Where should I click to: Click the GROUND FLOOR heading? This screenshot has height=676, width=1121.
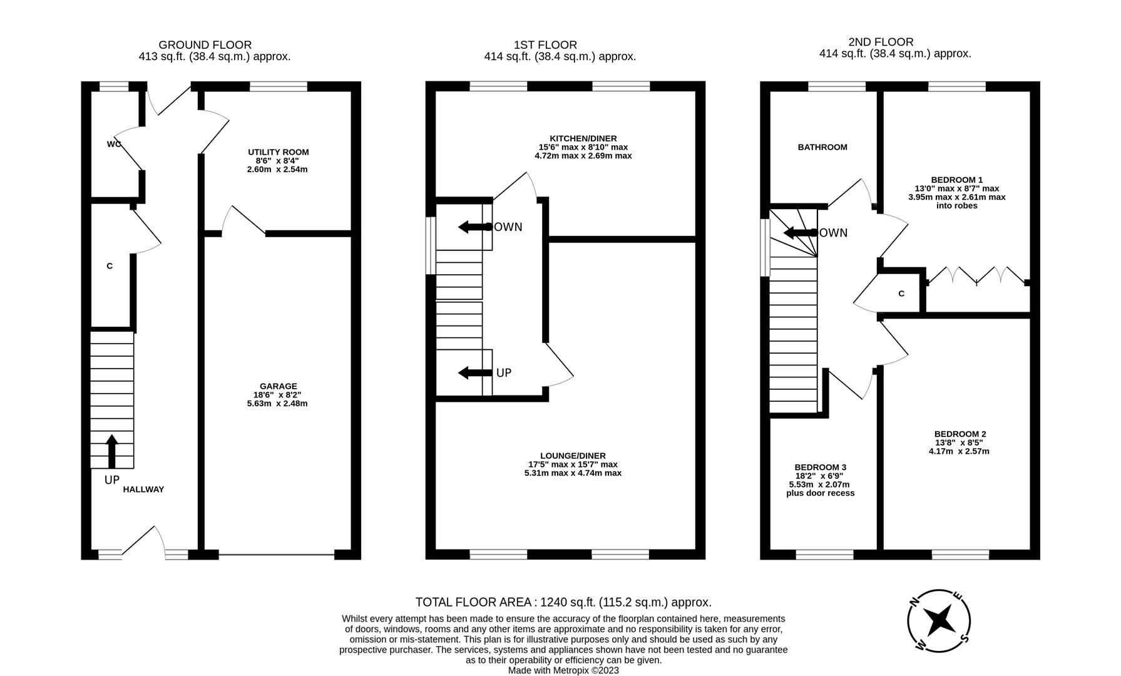coord(205,45)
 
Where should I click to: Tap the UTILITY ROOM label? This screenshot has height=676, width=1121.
coord(278,152)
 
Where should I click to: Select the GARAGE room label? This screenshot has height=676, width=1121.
coord(279,386)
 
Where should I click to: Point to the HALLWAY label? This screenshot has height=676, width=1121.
coord(143,489)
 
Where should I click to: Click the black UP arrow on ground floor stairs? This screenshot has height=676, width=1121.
coord(112,451)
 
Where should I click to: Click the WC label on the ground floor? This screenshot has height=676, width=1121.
coord(113,145)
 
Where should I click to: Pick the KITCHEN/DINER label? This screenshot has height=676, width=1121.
coord(583,138)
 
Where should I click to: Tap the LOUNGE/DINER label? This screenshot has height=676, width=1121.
coord(573,456)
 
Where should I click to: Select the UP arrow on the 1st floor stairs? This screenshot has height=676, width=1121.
coord(475,373)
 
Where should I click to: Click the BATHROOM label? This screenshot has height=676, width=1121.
coord(822,147)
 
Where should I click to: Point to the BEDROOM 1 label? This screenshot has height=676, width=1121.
coord(956,180)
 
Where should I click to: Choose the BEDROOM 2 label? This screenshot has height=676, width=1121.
coord(960,434)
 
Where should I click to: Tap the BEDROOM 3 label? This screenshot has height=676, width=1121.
coord(820,468)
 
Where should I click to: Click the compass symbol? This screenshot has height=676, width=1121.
coord(939,621)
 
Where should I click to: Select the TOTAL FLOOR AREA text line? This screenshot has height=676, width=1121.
coord(563,602)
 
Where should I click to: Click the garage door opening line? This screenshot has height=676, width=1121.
coord(277,555)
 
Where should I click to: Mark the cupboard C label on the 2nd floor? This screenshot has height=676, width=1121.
coord(901,294)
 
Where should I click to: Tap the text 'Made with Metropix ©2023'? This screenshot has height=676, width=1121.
coord(563,670)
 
